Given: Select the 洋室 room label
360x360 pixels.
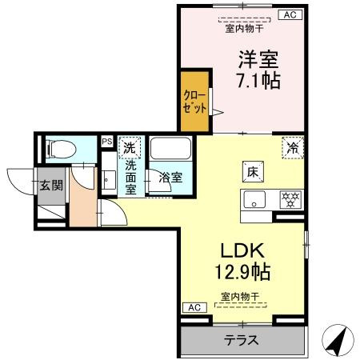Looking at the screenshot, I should coord(257,58).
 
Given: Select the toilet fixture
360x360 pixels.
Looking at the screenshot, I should coord(59,149).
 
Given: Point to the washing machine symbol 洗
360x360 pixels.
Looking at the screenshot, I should coord(129,147).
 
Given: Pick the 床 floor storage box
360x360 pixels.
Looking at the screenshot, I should coord(250,171).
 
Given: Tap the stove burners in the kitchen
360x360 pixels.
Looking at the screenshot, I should coord(289,199).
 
